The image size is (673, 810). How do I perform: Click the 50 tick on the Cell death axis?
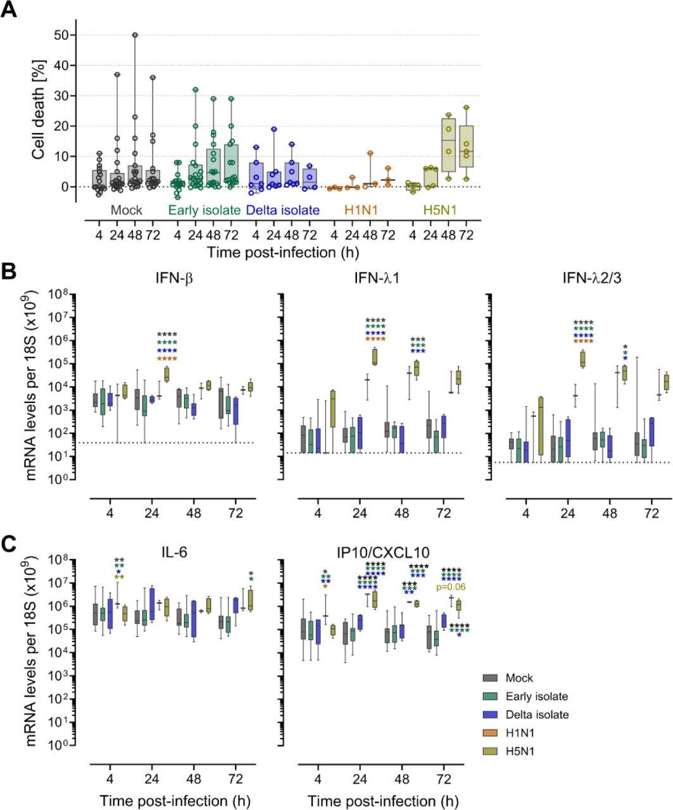(x=61, y=35)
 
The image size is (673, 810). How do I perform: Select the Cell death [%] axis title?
(x=39, y=111)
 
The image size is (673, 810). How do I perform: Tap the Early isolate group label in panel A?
(x=203, y=209)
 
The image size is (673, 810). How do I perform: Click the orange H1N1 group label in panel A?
(x=360, y=209)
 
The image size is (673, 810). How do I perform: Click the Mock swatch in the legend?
(x=489, y=678)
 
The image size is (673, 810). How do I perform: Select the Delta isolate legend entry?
(x=536, y=714)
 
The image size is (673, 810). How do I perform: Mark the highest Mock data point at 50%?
(x=135, y=35)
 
